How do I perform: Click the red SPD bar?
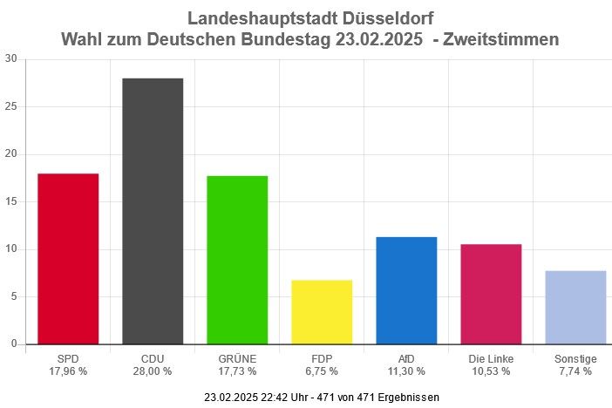click(x=68, y=259)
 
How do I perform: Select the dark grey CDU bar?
click(x=153, y=211)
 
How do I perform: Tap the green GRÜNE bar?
click(x=237, y=260)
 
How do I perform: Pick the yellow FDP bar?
click(x=322, y=312)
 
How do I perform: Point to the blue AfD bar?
click(x=406, y=290)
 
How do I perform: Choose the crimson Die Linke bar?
click(x=491, y=294)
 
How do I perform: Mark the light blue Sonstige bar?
click(x=575, y=307)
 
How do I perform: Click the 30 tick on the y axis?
click(x=10, y=59)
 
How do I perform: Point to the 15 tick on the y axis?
click(x=10, y=201)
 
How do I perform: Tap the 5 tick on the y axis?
click(x=13, y=296)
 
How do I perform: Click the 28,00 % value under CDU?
click(x=153, y=371)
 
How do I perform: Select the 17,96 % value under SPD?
click(x=68, y=371)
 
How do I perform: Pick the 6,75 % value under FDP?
click(x=322, y=371)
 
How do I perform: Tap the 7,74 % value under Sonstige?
click(x=575, y=371)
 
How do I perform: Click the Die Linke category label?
click(x=491, y=358)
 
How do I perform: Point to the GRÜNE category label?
click(x=237, y=358)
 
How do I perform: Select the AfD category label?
click(x=406, y=358)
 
